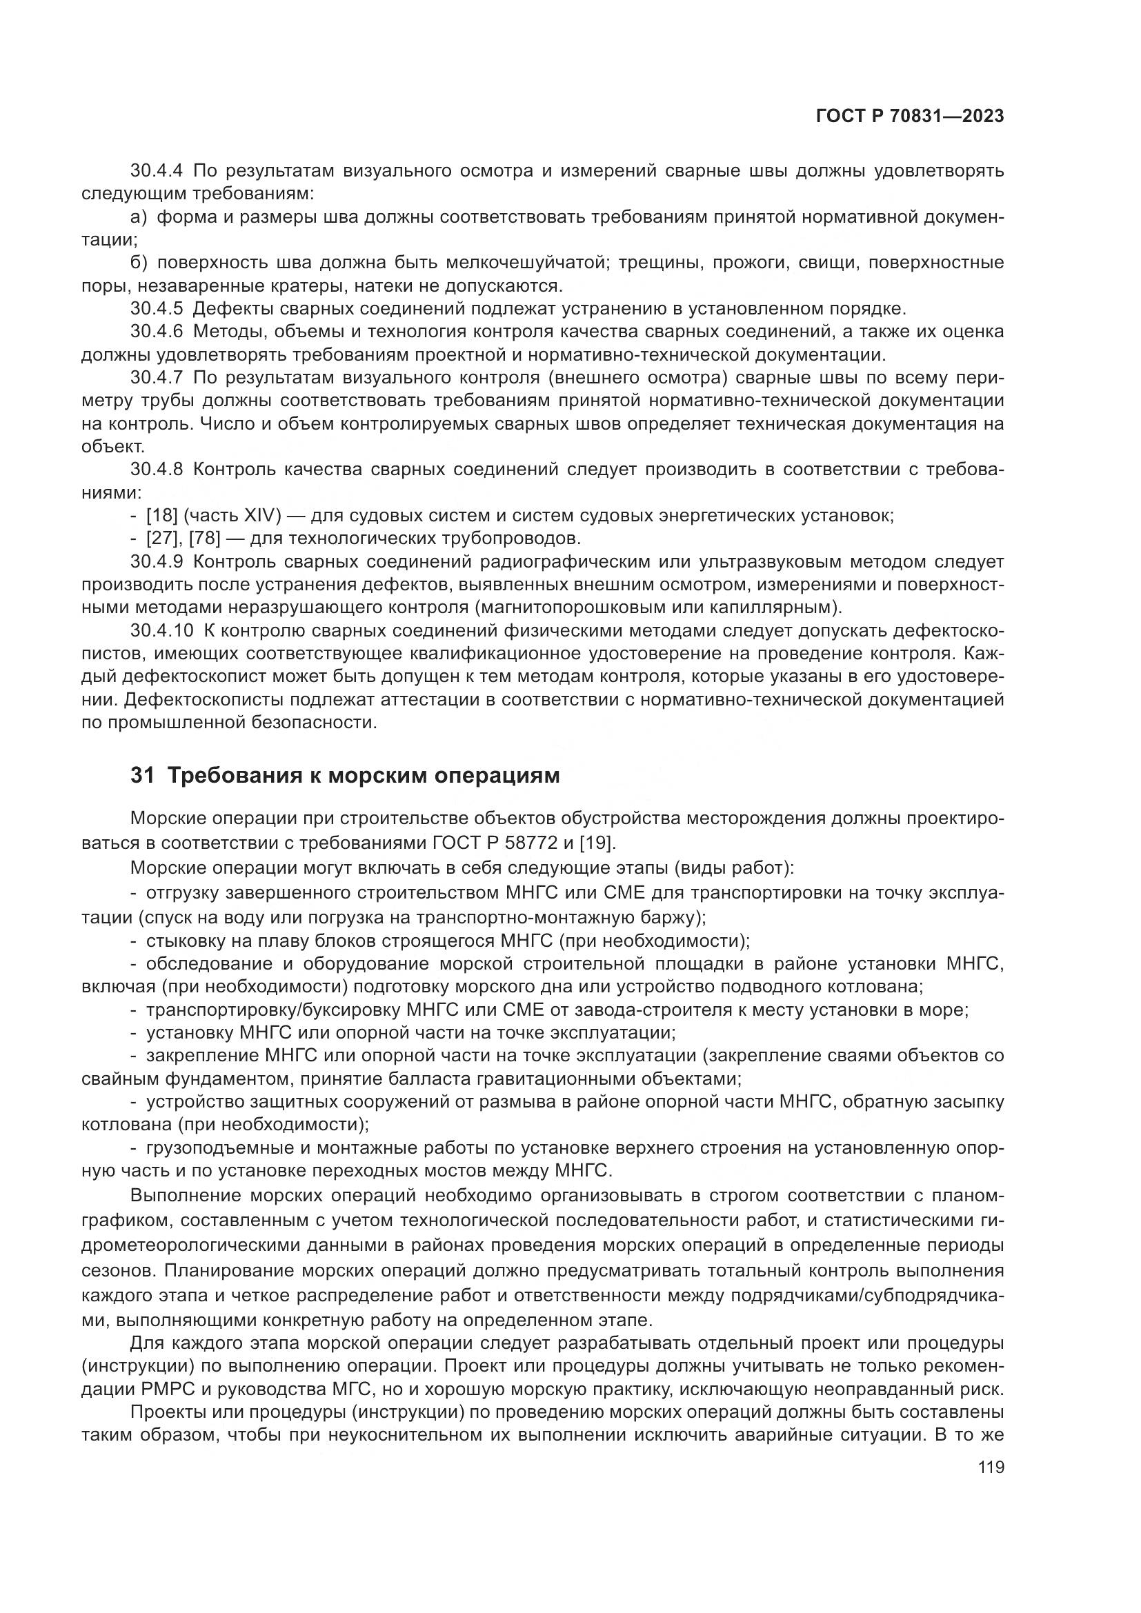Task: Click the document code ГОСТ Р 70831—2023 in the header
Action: [910, 117]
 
